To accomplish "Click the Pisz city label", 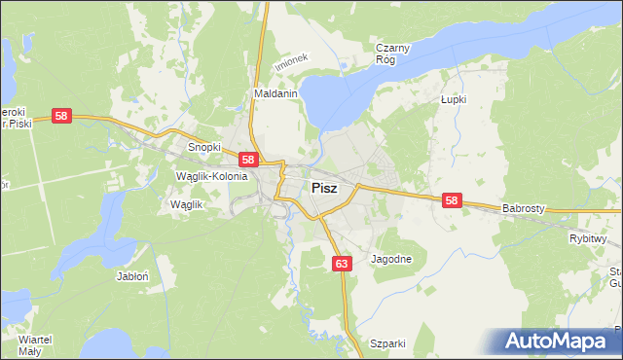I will point(324,189).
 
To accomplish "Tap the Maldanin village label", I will point(275,94).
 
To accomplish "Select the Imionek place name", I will point(291,60).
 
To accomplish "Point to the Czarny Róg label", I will point(393,53).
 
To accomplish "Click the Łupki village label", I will point(454,99).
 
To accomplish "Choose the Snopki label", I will point(204,147).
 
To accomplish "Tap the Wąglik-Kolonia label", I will point(211,176).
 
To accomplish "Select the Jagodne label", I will point(392,260).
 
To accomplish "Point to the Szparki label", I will point(387,343).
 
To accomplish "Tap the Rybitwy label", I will point(588,238).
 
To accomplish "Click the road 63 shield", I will point(341,264).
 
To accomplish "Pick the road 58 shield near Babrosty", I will point(452,200).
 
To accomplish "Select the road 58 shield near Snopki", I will point(248,160).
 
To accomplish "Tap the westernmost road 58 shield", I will point(61,116).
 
